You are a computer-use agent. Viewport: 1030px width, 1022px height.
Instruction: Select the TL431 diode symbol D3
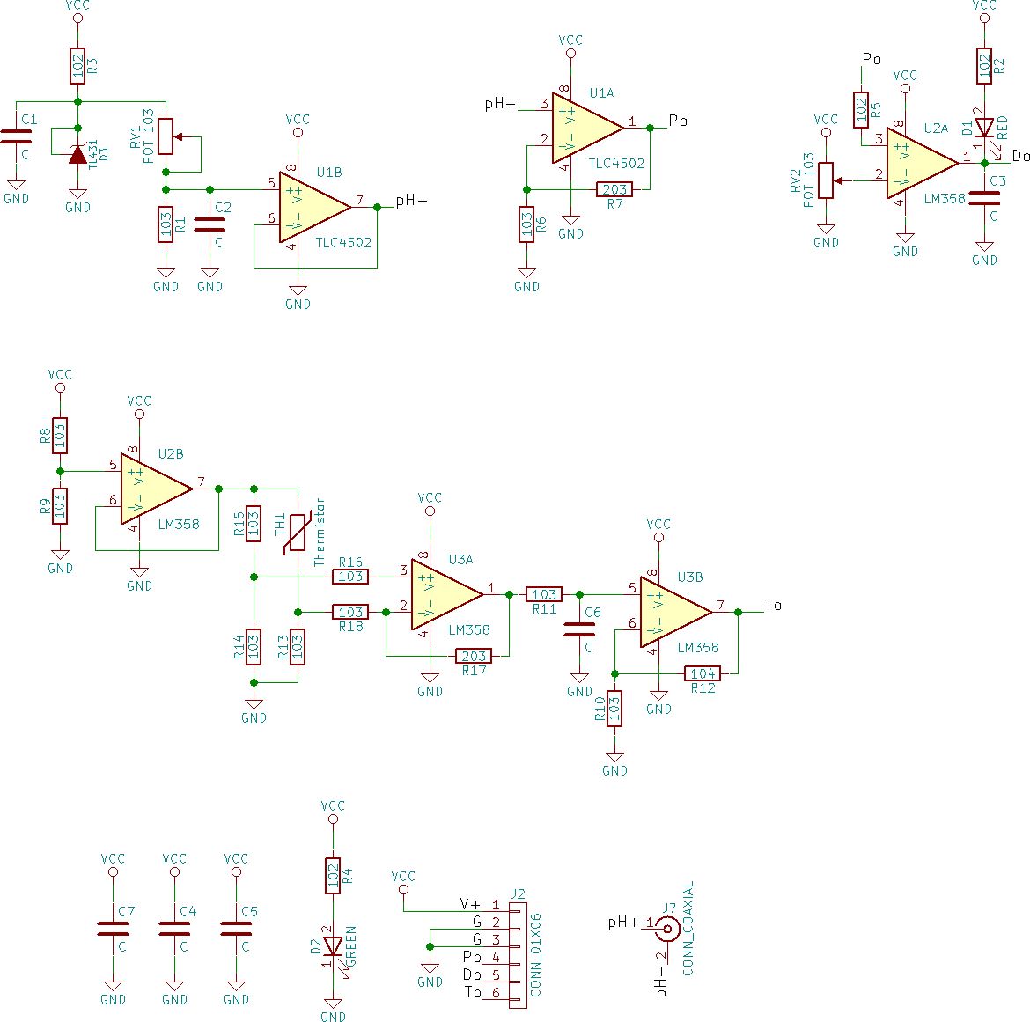pyautogui.click(x=77, y=154)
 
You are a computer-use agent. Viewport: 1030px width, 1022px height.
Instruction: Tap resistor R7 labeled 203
pyautogui.click(x=614, y=189)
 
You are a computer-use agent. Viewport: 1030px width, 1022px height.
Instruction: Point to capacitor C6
pyautogui.click(x=579, y=629)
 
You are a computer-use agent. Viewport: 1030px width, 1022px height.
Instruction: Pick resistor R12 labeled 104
pyautogui.click(x=703, y=673)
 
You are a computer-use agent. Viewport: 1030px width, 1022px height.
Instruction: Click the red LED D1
pyautogui.click(x=984, y=129)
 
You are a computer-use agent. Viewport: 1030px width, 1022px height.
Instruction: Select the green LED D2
pyautogui.click(x=333, y=946)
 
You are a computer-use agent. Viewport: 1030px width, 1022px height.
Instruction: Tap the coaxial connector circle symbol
pyautogui.click(x=668, y=927)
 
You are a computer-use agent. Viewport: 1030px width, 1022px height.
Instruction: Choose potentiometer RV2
pyautogui.click(x=826, y=180)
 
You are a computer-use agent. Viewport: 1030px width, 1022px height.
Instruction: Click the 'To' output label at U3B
pyautogui.click(x=773, y=605)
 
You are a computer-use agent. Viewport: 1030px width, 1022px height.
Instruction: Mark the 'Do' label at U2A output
pyautogui.click(x=1020, y=157)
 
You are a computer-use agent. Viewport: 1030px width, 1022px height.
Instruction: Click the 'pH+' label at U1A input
pyautogui.click(x=500, y=105)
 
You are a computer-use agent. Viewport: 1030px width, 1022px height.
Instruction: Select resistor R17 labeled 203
pyautogui.click(x=474, y=656)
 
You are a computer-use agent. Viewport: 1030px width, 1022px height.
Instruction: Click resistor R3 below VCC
pyautogui.click(x=77, y=66)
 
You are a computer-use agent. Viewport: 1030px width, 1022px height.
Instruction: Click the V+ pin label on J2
pyautogui.click(x=470, y=905)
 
